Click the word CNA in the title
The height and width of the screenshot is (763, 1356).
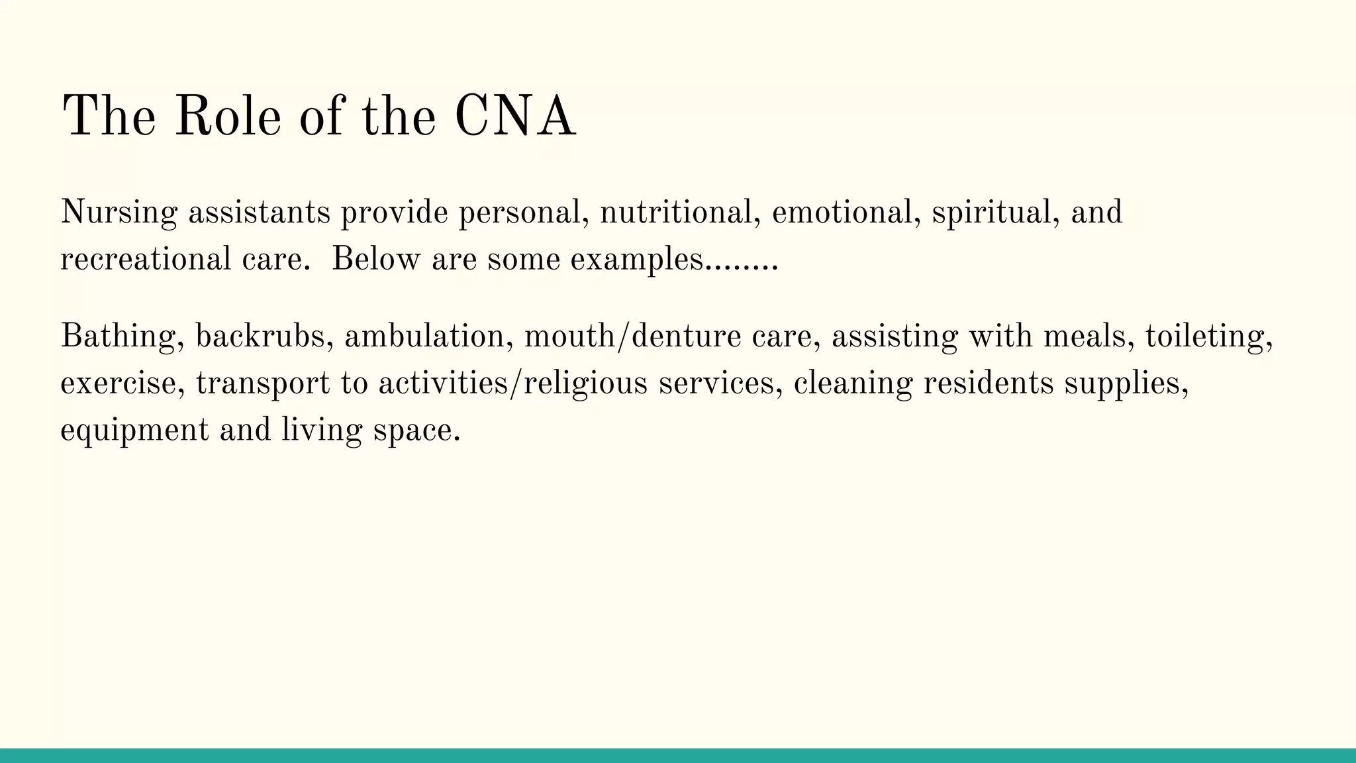coord(515,117)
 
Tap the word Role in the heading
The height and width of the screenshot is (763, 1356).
coord(228,117)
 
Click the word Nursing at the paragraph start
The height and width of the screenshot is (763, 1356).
coord(119,213)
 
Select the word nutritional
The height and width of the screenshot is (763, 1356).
coord(679,213)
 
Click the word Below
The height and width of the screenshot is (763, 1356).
coord(375,259)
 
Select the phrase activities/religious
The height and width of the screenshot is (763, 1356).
coord(512,383)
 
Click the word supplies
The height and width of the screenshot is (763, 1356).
coord(1126,383)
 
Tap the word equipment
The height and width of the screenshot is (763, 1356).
coord(134,431)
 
